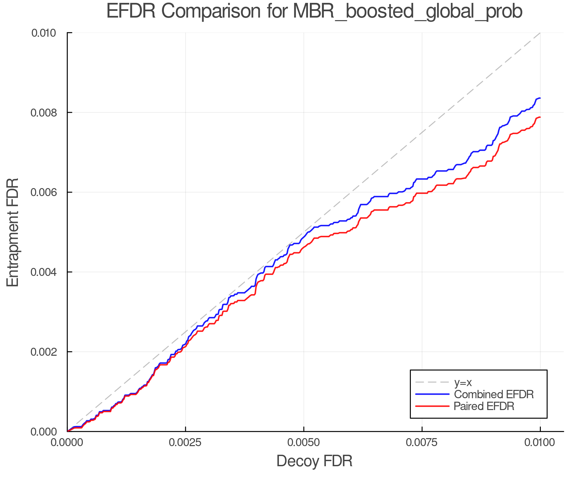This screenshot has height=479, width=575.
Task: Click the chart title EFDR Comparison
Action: (x=314, y=11)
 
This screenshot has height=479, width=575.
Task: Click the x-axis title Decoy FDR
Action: (x=314, y=461)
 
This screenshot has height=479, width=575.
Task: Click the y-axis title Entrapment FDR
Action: (x=13, y=232)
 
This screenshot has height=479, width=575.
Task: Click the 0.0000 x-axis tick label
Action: (x=67, y=442)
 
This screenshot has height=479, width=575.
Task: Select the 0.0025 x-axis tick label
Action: (x=185, y=442)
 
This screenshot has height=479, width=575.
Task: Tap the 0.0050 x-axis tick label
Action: (x=303, y=442)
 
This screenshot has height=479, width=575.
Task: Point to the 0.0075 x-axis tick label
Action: (x=422, y=442)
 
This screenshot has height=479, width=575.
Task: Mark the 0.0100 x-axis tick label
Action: (x=540, y=442)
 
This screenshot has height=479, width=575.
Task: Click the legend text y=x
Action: (x=463, y=382)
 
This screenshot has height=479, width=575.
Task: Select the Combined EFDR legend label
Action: (x=494, y=394)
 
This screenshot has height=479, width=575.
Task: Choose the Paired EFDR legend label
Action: (x=484, y=406)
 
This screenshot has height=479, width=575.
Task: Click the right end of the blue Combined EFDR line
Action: (x=540, y=98)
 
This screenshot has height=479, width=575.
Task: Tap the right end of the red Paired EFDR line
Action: (x=540, y=117)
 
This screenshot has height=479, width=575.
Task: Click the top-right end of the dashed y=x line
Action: (x=540, y=33)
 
